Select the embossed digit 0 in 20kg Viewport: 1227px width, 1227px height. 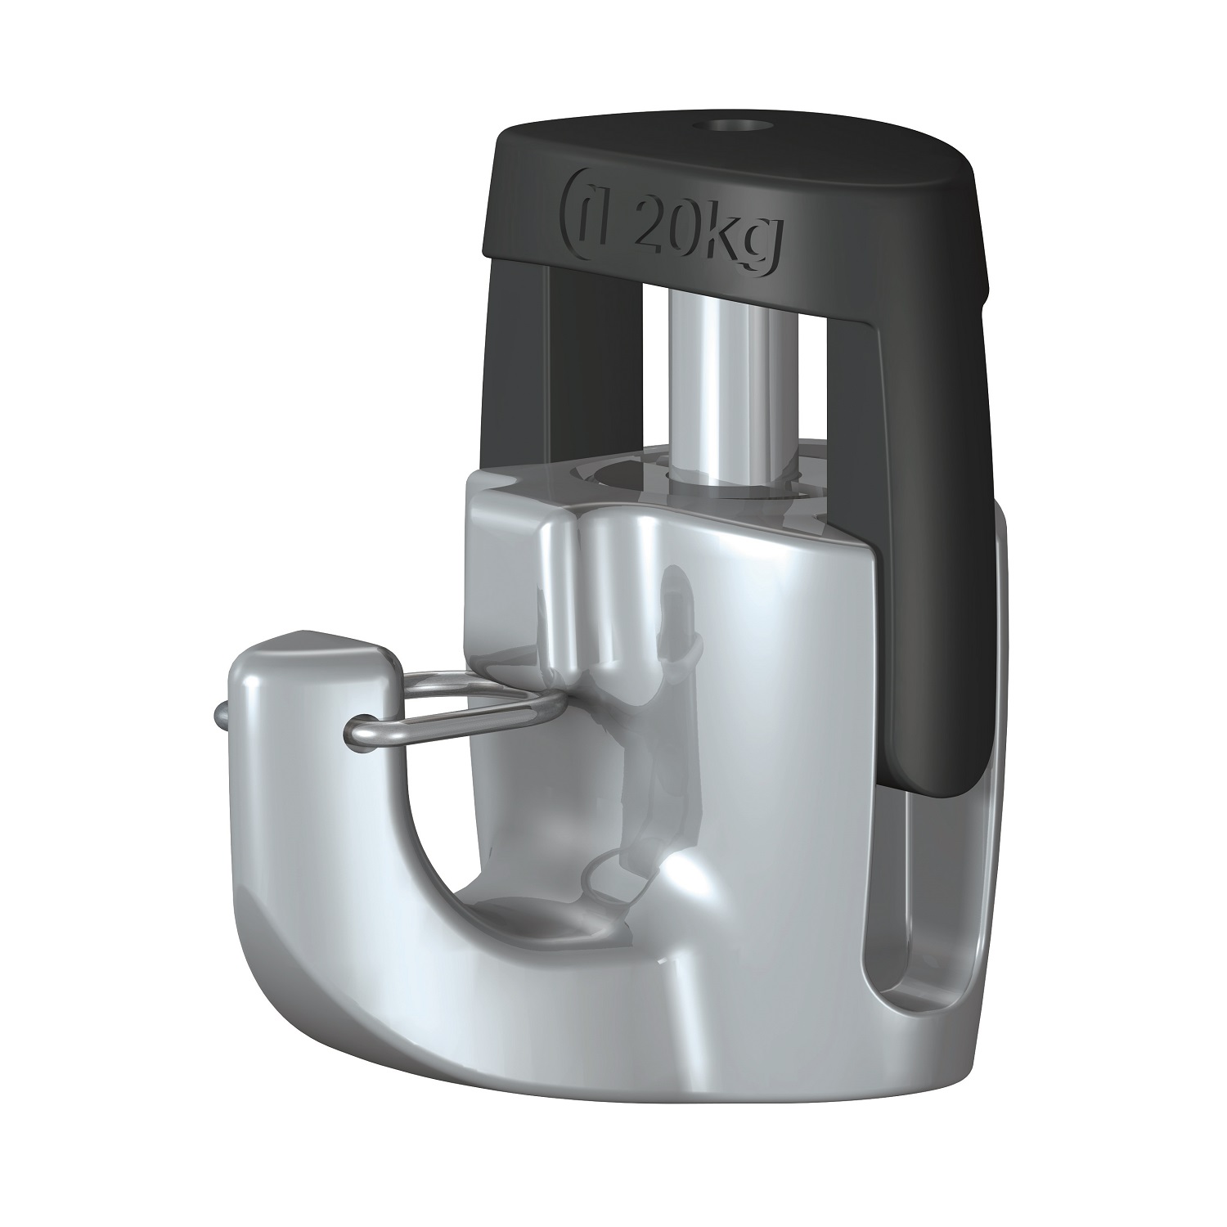(692, 234)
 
